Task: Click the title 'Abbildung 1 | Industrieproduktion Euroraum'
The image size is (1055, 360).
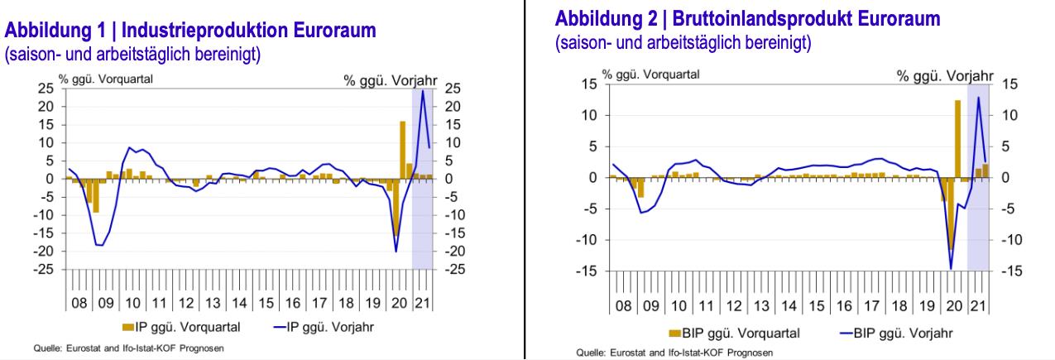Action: click(x=191, y=31)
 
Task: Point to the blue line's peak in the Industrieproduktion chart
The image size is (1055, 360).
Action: click(x=423, y=90)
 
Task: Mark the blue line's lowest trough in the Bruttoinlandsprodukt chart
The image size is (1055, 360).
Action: click(x=951, y=268)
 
